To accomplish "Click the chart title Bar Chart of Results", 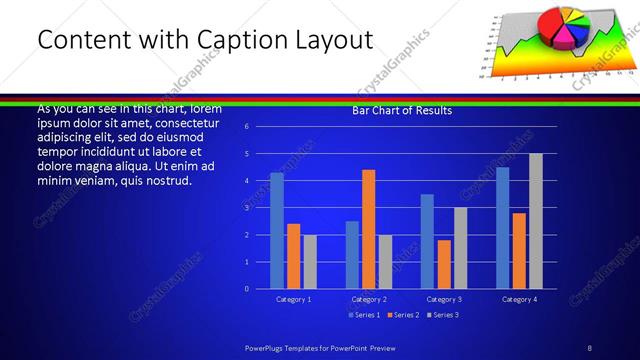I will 402,110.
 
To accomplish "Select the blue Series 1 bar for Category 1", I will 277,230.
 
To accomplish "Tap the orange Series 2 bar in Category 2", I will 368,229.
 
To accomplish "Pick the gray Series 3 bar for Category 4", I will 536,221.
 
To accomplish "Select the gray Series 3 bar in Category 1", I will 310,261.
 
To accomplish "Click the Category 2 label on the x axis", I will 368,299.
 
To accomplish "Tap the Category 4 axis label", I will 519,299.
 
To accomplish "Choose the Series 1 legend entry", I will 363,315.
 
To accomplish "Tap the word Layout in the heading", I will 332,40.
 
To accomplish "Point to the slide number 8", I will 590,347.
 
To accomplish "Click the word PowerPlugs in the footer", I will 268,347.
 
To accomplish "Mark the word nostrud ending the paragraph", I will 164,181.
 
